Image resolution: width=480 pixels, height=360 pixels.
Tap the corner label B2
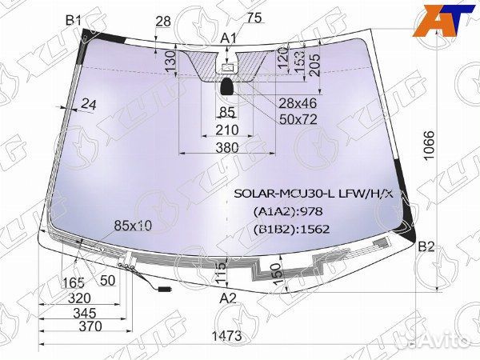[x=426, y=246]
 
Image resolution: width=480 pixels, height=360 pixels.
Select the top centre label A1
[x=229, y=38]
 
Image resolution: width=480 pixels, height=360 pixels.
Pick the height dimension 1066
[x=430, y=144]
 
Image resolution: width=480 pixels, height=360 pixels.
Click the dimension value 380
[x=227, y=147]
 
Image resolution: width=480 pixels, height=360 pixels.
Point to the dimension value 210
[x=227, y=130]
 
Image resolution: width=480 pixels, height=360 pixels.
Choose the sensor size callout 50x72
[x=276, y=118]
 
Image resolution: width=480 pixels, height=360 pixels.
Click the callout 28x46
[x=276, y=103]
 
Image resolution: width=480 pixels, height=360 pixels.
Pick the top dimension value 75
[x=254, y=18]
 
